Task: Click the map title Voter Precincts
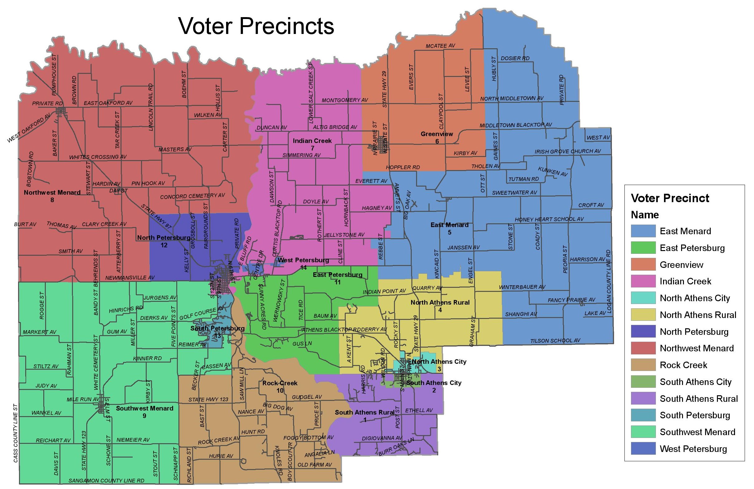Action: click(256, 26)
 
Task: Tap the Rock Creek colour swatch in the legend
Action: click(643, 365)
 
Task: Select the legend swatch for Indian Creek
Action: click(643, 281)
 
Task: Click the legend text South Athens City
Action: click(695, 382)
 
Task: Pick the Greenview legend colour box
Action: click(643, 264)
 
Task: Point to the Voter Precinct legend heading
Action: click(670, 198)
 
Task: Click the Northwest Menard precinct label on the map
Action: click(52, 192)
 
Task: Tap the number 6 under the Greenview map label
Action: click(437, 141)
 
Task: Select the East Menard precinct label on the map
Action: click(449, 225)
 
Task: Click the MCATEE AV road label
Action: click(440, 46)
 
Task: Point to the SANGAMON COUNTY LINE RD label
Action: click(107, 481)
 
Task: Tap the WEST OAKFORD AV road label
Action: click(29, 128)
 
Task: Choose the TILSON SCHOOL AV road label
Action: click(555, 341)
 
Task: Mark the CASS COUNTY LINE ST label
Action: click(16, 433)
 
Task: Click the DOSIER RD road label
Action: click(515, 58)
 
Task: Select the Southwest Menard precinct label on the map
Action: click(145, 408)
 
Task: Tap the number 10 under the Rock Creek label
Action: click(280, 391)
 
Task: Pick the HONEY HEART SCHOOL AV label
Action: click(549, 219)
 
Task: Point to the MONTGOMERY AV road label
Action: click(345, 100)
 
